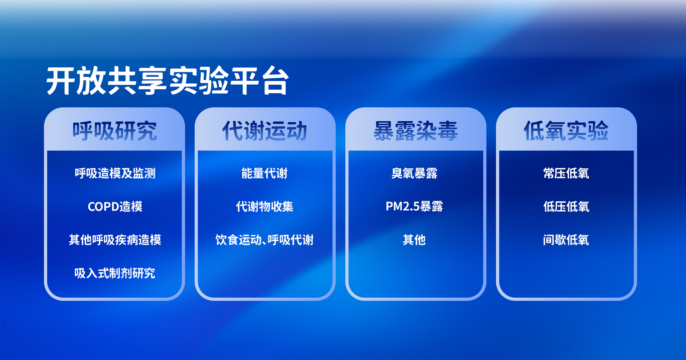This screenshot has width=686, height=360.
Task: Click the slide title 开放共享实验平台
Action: tap(168, 81)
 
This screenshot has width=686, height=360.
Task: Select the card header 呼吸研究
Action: tap(115, 131)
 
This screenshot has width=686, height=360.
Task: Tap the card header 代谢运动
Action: tap(265, 131)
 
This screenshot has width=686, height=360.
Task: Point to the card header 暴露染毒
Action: tap(415, 131)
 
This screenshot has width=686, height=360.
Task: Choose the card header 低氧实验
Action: tap(566, 131)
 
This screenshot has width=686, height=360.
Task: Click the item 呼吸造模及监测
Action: tap(115, 173)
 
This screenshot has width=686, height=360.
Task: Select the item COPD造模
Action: tap(115, 207)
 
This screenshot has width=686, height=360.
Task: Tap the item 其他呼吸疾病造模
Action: tap(115, 240)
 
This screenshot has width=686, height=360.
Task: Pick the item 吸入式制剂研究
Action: tap(115, 273)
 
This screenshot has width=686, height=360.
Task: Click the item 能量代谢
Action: tap(264, 173)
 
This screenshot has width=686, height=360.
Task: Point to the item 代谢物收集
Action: tap(264, 207)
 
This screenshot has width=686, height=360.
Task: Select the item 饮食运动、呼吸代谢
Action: tap(264, 240)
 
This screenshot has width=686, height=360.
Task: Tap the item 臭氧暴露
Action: tap(414, 173)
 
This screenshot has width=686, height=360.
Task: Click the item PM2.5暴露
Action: tap(414, 207)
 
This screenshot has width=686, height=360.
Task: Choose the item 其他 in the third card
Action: tap(414, 240)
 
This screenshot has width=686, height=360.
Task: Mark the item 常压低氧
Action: tap(566, 173)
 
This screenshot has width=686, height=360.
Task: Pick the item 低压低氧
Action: tap(566, 207)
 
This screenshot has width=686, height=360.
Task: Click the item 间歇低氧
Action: tap(566, 240)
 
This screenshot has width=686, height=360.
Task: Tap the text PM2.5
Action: tap(403, 207)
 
